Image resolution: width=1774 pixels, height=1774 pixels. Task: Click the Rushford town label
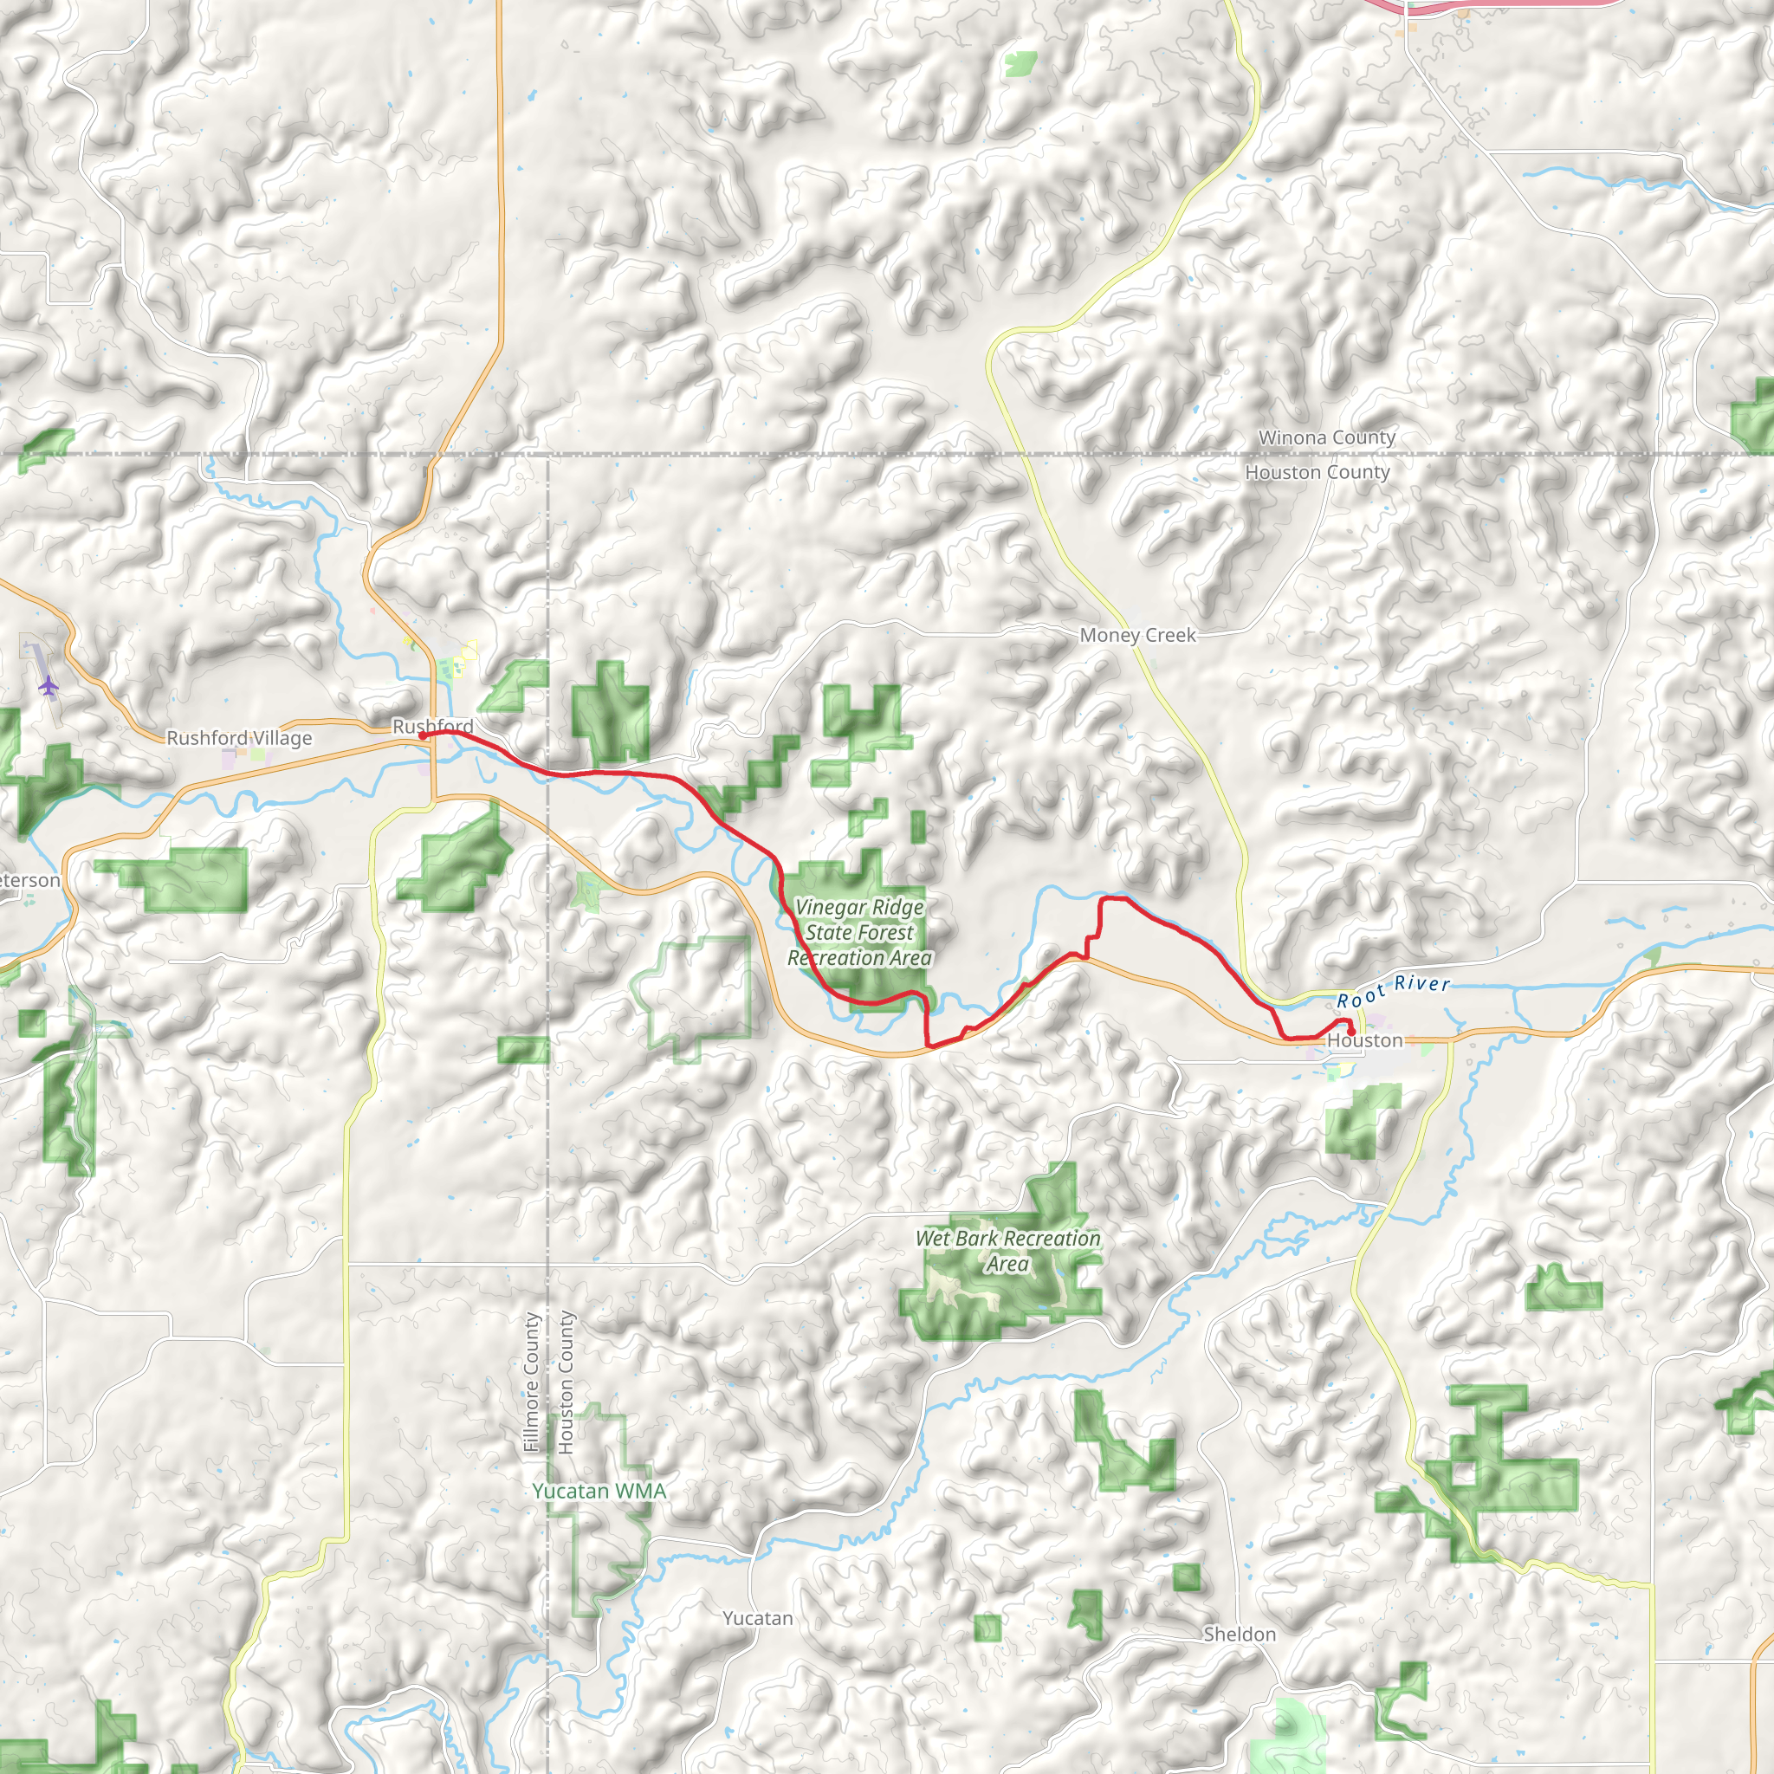[x=432, y=726]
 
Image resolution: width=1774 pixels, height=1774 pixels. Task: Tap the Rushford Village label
[x=239, y=738]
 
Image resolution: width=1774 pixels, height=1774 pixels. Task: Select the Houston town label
[x=1364, y=1040]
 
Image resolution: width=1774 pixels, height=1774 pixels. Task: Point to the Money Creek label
[x=1137, y=636]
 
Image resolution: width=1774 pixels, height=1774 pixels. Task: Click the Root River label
[x=1393, y=991]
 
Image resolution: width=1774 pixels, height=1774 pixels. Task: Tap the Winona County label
[x=1327, y=438]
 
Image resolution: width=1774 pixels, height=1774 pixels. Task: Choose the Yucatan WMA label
[x=599, y=1492]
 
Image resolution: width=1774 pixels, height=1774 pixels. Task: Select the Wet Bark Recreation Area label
[x=1007, y=1252]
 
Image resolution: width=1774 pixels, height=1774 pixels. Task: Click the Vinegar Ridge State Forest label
[x=859, y=932]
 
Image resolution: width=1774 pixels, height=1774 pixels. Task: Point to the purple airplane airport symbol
[x=48, y=685]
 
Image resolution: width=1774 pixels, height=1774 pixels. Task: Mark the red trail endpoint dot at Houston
[x=1350, y=1032]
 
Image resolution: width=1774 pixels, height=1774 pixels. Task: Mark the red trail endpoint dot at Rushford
[x=423, y=735]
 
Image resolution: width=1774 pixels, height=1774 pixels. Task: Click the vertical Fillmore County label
[x=531, y=1381]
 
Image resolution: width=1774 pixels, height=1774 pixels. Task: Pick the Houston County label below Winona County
[x=1317, y=473]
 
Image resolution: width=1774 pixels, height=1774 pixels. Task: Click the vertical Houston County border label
[x=566, y=1381]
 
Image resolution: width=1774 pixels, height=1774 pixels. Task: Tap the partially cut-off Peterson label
[x=29, y=881]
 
